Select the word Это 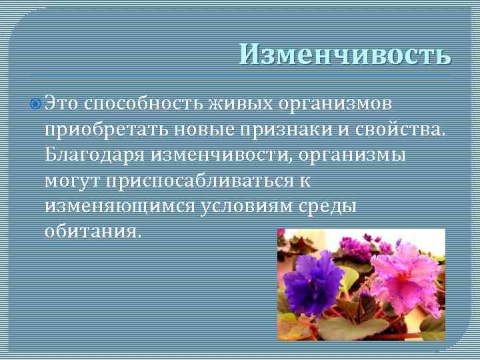63,104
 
